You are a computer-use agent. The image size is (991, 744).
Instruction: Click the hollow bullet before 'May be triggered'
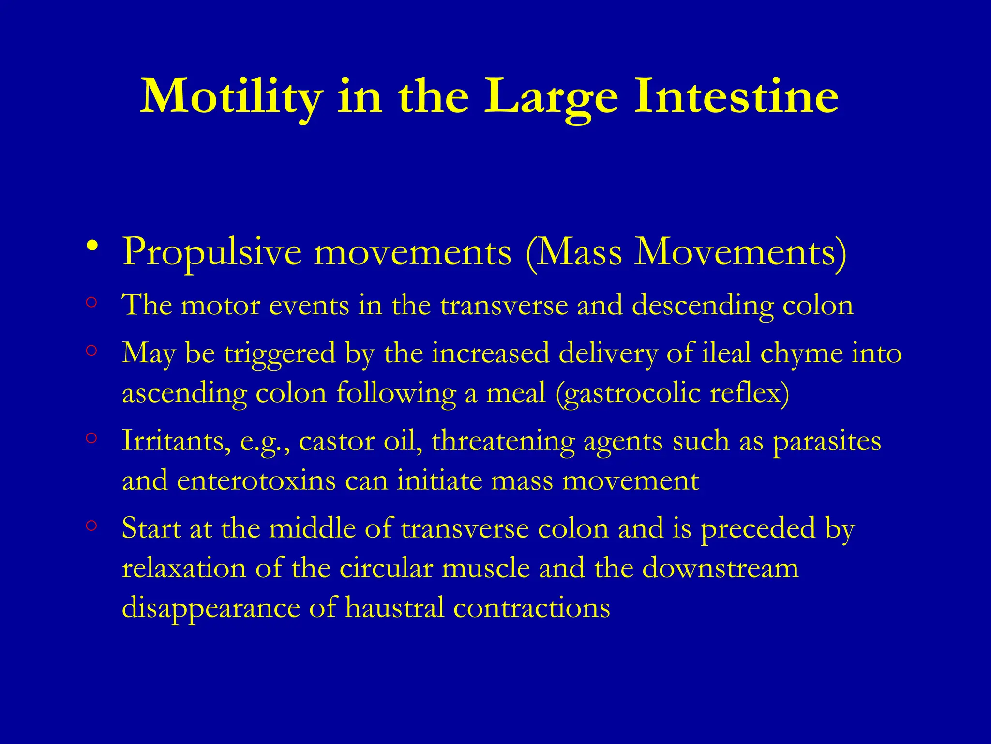(x=91, y=350)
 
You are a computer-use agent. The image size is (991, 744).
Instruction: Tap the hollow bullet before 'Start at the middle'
(x=91, y=526)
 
